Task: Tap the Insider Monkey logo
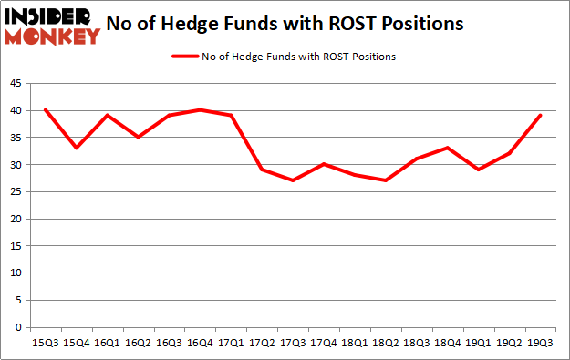pos(52,26)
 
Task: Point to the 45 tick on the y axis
pos(16,83)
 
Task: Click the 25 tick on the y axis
pos(16,191)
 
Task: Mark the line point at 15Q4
pos(76,148)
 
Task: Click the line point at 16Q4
pos(201,110)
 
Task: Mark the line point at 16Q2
pos(139,137)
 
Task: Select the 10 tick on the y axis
pos(16,273)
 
